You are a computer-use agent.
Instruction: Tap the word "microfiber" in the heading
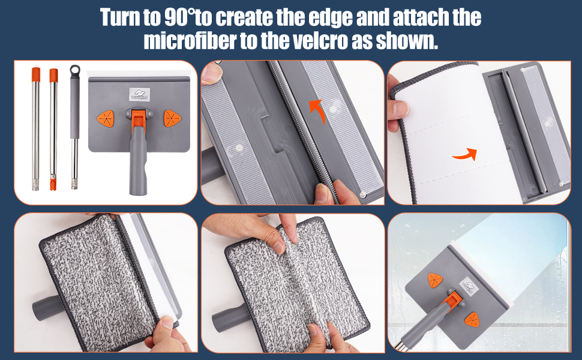tap(190, 40)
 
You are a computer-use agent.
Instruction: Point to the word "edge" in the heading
tap(331, 18)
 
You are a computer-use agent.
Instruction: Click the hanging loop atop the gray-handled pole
tap(74, 70)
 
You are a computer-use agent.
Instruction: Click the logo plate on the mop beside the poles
tap(140, 94)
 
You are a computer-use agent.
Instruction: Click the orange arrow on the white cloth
tap(464, 154)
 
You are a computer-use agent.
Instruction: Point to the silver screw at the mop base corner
tap(364, 194)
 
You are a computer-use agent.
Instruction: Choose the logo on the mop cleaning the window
tap(469, 286)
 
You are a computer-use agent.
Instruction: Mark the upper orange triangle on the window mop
tap(435, 280)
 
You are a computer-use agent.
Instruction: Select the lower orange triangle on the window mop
tap(472, 320)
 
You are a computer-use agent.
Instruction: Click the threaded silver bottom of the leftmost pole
tap(35, 185)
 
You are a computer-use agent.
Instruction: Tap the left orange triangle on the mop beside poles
tap(106, 119)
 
